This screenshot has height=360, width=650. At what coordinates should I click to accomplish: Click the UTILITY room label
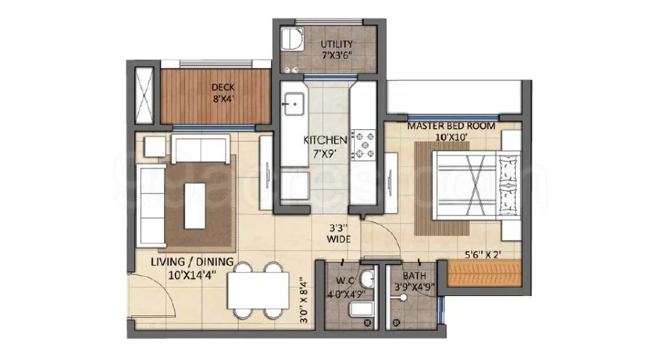(x=336, y=44)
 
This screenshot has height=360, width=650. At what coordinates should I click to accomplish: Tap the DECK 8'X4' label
(x=223, y=93)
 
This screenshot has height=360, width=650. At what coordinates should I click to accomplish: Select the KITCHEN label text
(x=325, y=140)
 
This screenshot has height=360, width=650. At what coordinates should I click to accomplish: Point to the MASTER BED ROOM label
(x=451, y=126)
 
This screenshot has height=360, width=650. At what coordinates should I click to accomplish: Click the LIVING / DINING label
(x=192, y=262)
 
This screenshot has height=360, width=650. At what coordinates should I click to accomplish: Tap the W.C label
(x=345, y=280)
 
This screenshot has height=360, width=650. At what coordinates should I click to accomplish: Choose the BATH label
(x=414, y=276)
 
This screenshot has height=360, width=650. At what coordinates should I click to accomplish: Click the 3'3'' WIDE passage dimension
(x=338, y=234)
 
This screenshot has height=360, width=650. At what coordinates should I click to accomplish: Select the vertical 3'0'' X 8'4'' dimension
(x=304, y=300)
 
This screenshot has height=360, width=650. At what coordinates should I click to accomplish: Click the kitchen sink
(x=294, y=104)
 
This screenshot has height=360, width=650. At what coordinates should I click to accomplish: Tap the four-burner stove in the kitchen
(x=363, y=145)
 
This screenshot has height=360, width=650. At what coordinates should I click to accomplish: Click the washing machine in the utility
(x=292, y=38)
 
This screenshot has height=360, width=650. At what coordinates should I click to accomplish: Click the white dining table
(x=258, y=290)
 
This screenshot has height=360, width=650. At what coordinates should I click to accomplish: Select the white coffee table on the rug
(x=195, y=206)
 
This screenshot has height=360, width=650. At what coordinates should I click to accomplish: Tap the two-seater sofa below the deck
(x=201, y=148)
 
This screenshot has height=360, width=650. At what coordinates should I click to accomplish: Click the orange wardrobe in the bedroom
(x=484, y=273)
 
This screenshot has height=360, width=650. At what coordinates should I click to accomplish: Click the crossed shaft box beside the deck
(x=144, y=95)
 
